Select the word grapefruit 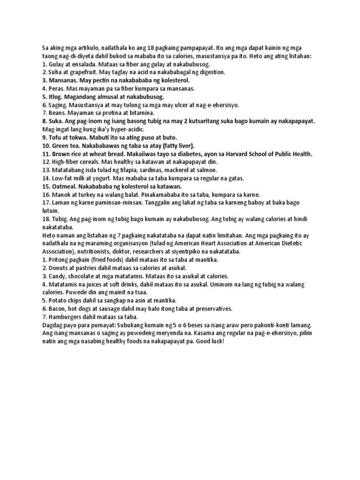[x=76, y=72]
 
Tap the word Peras [x=57, y=88]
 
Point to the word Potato [x=58, y=300]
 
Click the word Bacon [x=57, y=308]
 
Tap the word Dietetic [x=291, y=243]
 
